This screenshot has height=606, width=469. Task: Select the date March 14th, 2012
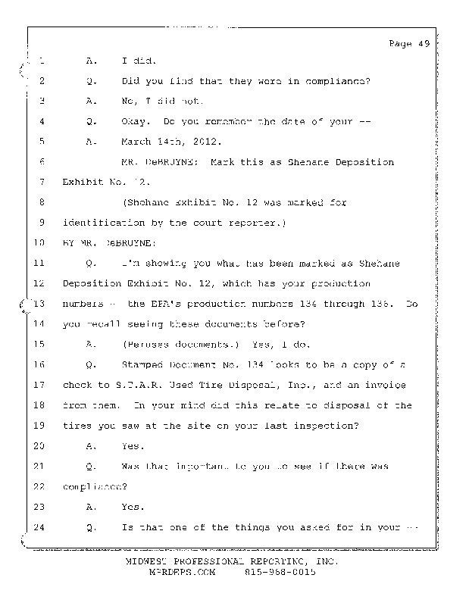coord(159,142)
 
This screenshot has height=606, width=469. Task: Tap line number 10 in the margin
coord(40,243)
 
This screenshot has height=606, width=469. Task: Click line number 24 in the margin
coord(40,528)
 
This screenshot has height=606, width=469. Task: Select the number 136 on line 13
coord(383,304)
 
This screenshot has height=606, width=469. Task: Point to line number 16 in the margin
coord(40,365)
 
